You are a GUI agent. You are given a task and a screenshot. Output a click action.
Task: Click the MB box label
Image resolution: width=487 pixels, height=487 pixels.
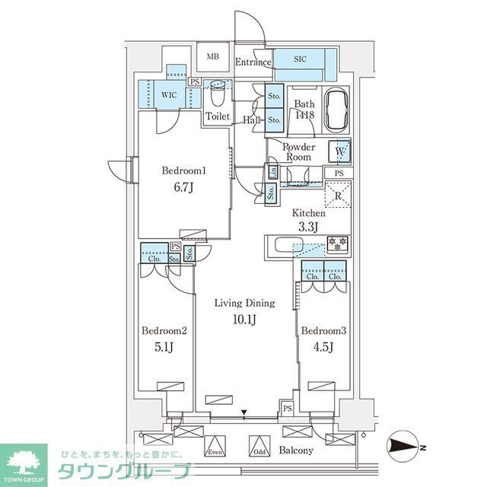tap(213, 57)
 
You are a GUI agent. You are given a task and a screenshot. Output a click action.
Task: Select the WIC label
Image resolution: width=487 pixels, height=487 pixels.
tap(168, 94)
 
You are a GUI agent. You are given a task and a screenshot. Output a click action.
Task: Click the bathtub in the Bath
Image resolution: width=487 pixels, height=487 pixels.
tap(336, 112)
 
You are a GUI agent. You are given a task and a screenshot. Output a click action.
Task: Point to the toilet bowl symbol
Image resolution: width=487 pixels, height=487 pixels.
tap(218, 97)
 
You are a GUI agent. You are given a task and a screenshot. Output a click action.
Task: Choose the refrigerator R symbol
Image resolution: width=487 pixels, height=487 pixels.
tap(338, 196)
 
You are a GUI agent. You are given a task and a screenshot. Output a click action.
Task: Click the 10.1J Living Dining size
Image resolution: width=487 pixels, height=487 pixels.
tap(243, 320)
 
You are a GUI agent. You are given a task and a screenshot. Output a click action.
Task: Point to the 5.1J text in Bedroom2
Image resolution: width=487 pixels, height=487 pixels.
tap(163, 349)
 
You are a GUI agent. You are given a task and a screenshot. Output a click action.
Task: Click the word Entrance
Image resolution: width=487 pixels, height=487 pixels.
tap(253, 62)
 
